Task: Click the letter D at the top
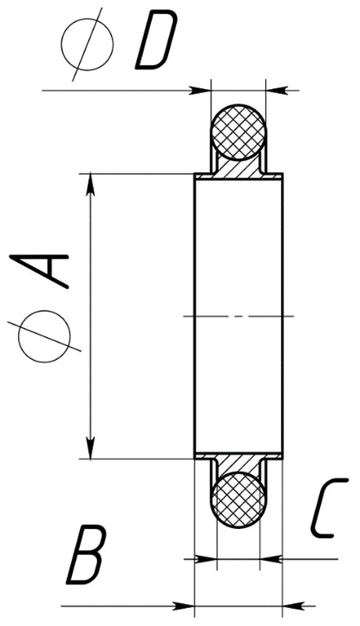pos(157,40)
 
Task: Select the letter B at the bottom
pos(87,555)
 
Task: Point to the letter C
pos(328,507)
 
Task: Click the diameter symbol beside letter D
pos(88,44)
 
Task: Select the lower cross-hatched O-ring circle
pos(239,500)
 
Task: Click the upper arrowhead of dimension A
pos(91,185)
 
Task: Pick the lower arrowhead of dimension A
pos(91,448)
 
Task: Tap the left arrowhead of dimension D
pos(200,91)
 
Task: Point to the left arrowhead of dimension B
pos(183,606)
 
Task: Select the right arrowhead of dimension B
pos(293,606)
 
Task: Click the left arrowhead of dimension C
pos(206,559)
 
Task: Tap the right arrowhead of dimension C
pos(271,559)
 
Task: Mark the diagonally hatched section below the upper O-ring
pos(239,168)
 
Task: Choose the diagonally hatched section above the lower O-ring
pos(239,464)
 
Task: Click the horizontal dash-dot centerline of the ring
pos(238,316)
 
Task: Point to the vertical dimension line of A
pos(91,316)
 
